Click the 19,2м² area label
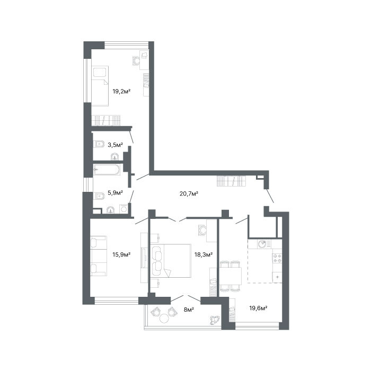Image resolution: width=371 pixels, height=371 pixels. (x=121, y=91)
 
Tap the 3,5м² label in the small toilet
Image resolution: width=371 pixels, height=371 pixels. (x=115, y=145)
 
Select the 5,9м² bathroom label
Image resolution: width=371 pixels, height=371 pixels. (x=115, y=192)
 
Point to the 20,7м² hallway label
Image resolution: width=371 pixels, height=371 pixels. (x=189, y=194)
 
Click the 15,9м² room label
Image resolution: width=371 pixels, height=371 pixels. (x=121, y=254)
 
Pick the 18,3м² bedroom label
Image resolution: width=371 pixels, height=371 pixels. (x=203, y=254)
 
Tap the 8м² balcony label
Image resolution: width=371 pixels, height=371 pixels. (x=189, y=309)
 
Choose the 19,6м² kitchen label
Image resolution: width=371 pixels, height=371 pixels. (x=259, y=308)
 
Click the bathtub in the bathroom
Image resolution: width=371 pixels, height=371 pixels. (x=107, y=170)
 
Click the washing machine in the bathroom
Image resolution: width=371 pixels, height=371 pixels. (x=123, y=209)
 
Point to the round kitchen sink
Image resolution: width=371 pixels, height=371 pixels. (x=262, y=244)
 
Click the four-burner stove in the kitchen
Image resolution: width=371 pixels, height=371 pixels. (x=277, y=258)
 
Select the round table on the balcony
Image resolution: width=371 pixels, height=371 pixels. (x=164, y=318)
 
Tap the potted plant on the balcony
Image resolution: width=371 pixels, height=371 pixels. (x=215, y=320)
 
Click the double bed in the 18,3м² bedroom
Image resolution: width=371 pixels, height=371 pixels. (x=171, y=261)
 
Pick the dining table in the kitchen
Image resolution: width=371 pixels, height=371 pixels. (x=231, y=276)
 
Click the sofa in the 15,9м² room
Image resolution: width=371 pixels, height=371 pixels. (x=99, y=256)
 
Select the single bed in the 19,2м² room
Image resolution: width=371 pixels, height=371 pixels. (x=100, y=86)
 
